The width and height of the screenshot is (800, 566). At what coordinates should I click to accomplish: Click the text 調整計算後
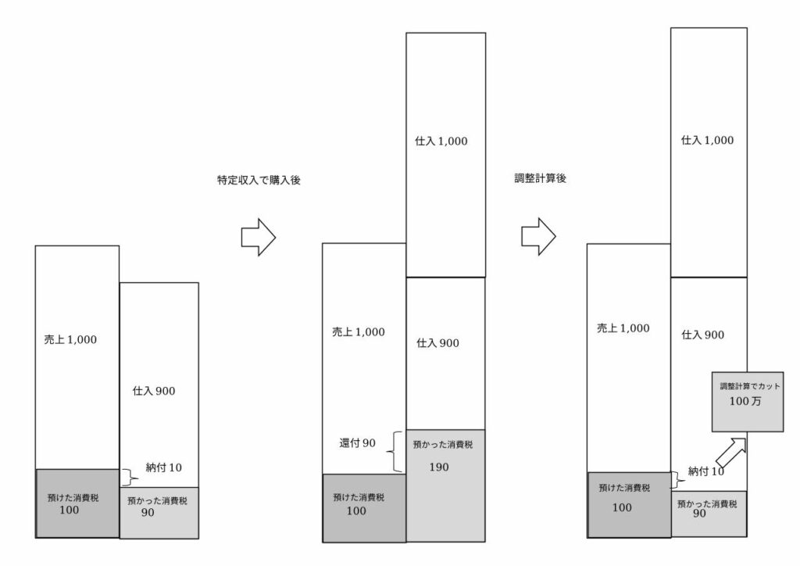point(540,178)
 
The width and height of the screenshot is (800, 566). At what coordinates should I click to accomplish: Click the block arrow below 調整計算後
point(538,236)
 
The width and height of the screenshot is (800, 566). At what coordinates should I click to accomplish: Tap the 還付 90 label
point(357,443)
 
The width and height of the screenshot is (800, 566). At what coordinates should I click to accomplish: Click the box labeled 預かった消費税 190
point(445,485)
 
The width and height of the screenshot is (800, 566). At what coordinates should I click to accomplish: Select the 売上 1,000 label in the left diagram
point(71,339)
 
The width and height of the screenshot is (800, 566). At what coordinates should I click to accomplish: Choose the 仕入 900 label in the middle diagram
point(437,343)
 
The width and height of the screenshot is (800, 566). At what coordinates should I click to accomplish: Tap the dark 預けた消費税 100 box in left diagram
point(77,503)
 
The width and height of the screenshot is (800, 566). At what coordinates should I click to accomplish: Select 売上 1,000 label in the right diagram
point(623,328)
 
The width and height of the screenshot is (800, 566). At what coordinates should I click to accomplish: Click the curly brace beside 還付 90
point(398,452)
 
